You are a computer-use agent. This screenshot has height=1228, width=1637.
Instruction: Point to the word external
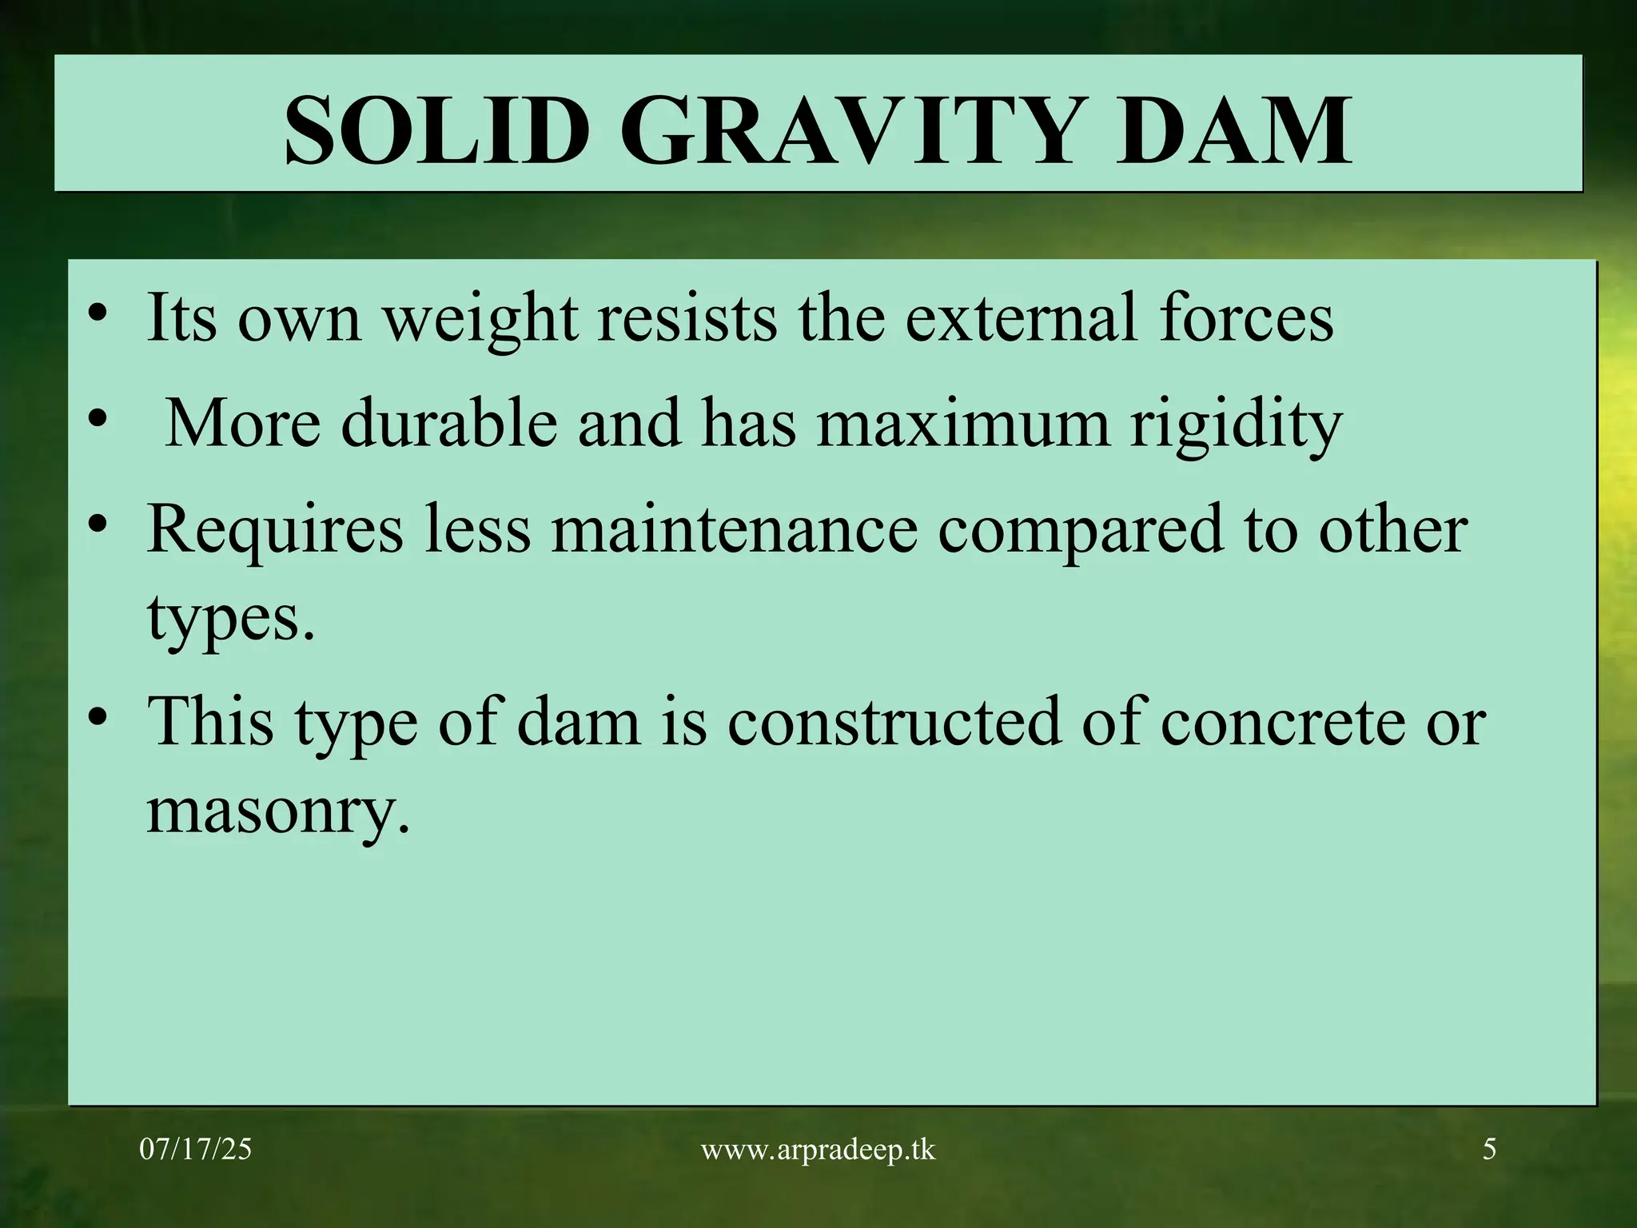click(1022, 317)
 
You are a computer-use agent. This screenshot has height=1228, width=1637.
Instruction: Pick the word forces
click(1246, 317)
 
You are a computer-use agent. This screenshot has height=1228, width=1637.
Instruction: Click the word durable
click(448, 424)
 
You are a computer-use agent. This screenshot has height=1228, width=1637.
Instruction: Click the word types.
click(230, 621)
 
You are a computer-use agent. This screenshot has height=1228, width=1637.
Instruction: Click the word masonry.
click(277, 814)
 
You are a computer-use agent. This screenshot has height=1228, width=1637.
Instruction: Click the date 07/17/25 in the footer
click(195, 1150)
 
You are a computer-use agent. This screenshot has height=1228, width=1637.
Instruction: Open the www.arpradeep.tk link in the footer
click(818, 1150)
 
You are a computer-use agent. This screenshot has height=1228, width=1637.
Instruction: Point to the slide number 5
click(1489, 1150)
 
